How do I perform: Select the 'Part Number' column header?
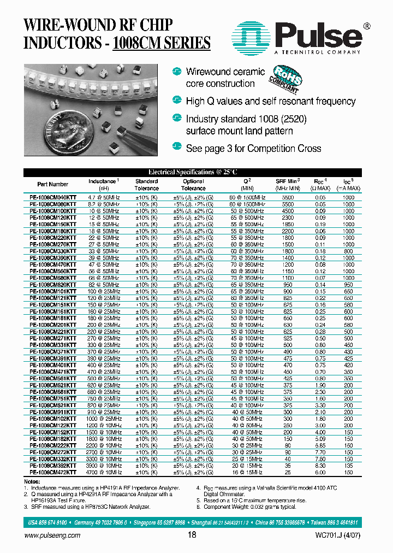pyautogui.click(x=53, y=185)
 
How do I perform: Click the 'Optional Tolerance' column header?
pyautogui.click(x=193, y=185)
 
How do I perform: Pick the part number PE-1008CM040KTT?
pyautogui.click(x=53, y=197)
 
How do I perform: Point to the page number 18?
pyautogui.click(x=192, y=536)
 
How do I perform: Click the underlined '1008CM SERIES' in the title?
pyautogui.click(x=161, y=43)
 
